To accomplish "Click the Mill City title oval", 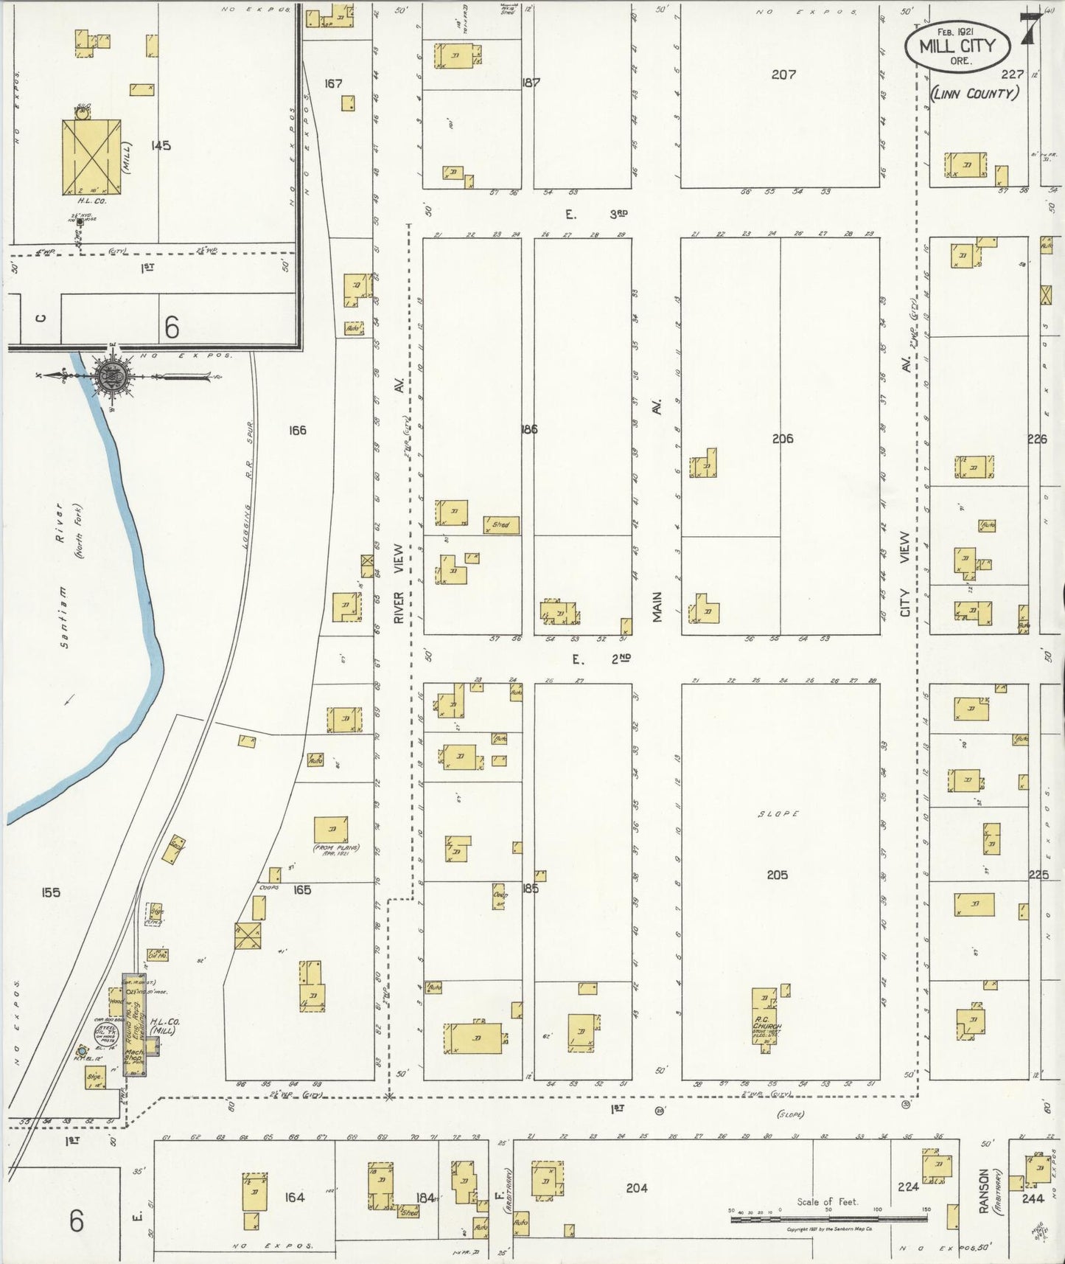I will pos(956,45).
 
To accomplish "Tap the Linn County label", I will pos(974,94).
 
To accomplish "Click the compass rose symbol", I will pos(111,376).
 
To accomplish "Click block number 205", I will pos(777,875).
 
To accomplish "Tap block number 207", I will pos(783,74).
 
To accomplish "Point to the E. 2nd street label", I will pos(601,659).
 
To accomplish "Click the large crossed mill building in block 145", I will pos(91,156).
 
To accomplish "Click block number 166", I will pos(297,431).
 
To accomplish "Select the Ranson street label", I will pos(982,1190).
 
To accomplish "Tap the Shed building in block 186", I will pos(501,525).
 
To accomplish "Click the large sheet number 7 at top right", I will pos(1030,29).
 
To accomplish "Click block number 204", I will pos(636,1188).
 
